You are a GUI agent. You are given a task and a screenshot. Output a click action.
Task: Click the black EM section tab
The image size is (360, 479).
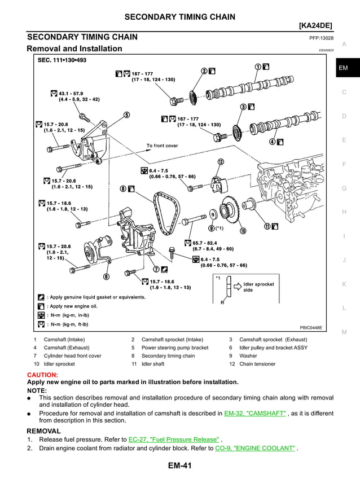click(344, 68)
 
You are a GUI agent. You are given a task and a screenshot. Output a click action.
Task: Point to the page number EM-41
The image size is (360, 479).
click(180, 466)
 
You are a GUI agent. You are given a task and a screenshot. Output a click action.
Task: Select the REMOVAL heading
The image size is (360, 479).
click(44, 430)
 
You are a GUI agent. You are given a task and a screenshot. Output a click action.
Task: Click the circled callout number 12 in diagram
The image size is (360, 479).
click(221, 162)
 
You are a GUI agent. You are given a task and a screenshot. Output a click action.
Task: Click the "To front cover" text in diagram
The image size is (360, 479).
click(162, 146)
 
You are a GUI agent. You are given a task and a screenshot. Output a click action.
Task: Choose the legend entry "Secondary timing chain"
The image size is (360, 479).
click(168, 356)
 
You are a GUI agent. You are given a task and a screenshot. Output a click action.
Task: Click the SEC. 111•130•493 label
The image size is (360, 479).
click(62, 59)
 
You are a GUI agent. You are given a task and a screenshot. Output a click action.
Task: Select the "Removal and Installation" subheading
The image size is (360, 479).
click(74, 49)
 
